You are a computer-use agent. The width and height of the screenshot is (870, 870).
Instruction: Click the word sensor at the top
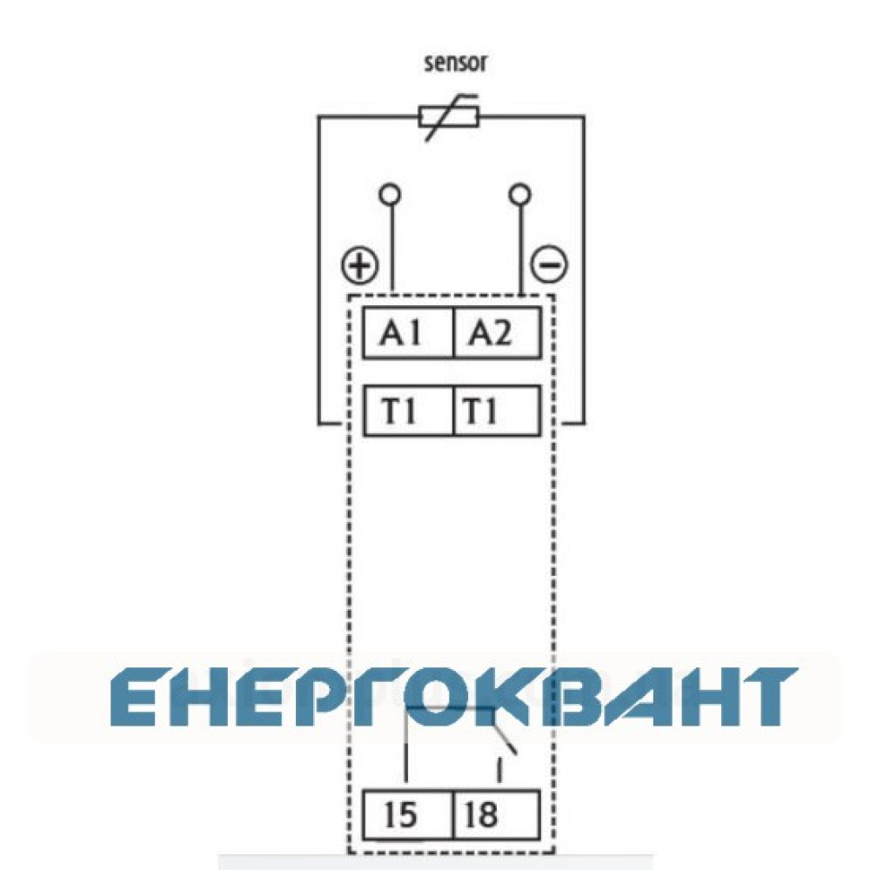[x=455, y=64]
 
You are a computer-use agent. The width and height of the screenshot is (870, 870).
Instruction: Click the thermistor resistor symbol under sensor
[x=448, y=117]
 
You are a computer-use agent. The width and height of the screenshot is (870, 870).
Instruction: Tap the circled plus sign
[x=359, y=265]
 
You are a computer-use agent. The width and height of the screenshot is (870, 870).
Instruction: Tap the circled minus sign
[x=549, y=264]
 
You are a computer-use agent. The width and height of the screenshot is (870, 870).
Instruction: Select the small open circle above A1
[x=390, y=195]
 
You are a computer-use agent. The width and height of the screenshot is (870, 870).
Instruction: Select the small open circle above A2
[x=519, y=195]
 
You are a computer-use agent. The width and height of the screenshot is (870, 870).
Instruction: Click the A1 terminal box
[x=408, y=332]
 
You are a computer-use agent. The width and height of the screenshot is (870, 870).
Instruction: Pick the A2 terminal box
[x=497, y=332]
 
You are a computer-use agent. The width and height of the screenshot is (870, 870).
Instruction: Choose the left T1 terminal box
[x=408, y=412]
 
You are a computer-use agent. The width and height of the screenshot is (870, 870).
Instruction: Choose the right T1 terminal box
[x=497, y=412]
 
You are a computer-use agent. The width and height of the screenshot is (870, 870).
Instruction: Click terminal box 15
[x=408, y=814]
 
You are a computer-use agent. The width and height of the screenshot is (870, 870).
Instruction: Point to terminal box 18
[x=497, y=814]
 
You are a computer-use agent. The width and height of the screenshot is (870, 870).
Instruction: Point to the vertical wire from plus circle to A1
[x=392, y=249]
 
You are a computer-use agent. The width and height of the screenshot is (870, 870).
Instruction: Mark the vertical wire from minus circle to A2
[x=521, y=249]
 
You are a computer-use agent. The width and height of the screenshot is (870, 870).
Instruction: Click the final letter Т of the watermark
[x=766, y=698]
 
